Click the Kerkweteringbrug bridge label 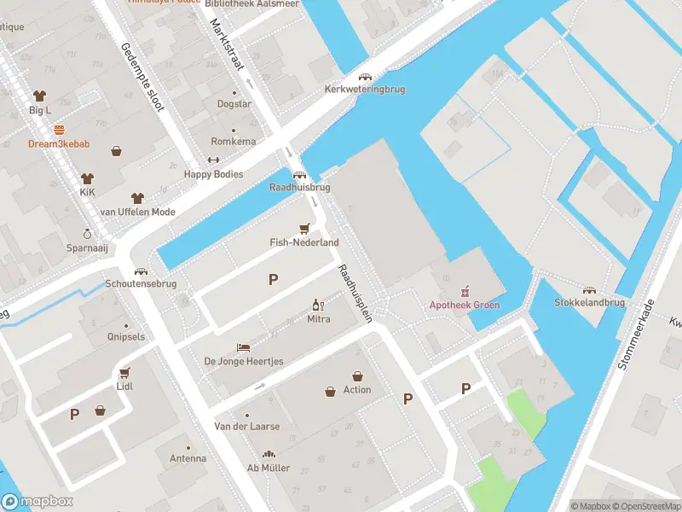(365, 89)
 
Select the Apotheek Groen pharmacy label (465, 305)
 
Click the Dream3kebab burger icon (59, 131)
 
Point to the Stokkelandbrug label (589, 303)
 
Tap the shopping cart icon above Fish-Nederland (304, 229)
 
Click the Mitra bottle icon (318, 305)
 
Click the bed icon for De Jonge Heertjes (243, 347)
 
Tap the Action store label (357, 390)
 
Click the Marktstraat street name (226, 48)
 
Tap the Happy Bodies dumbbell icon (213, 160)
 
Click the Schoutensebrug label (141, 283)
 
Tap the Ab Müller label (269, 468)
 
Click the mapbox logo (38, 502)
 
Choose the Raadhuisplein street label (355, 292)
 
